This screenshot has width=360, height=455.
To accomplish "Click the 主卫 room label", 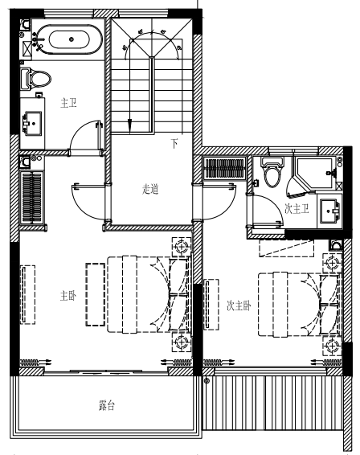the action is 68,103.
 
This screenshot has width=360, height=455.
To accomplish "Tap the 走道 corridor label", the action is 150,189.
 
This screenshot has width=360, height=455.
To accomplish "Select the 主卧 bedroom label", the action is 68,296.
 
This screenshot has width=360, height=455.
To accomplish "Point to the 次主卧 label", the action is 239,305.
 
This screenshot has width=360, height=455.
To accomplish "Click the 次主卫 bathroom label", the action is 297,209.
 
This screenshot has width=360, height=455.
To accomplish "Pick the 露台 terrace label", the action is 107,405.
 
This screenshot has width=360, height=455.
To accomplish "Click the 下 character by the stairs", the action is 174,143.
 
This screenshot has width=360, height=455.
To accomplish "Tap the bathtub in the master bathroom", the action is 70,39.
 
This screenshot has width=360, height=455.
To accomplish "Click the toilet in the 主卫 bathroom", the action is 35,78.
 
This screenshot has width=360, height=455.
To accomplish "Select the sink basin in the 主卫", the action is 32,123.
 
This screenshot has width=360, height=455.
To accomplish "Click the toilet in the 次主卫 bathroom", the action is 272,172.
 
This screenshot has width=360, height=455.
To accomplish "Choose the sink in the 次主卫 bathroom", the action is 329,211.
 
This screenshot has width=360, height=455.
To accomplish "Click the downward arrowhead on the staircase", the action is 129,125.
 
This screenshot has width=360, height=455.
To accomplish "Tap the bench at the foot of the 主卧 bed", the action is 95,294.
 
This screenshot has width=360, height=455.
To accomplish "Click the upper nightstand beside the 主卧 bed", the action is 182,247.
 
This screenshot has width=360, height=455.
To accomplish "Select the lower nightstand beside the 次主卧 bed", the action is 333,346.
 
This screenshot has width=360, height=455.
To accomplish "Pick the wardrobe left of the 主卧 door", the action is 31,198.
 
